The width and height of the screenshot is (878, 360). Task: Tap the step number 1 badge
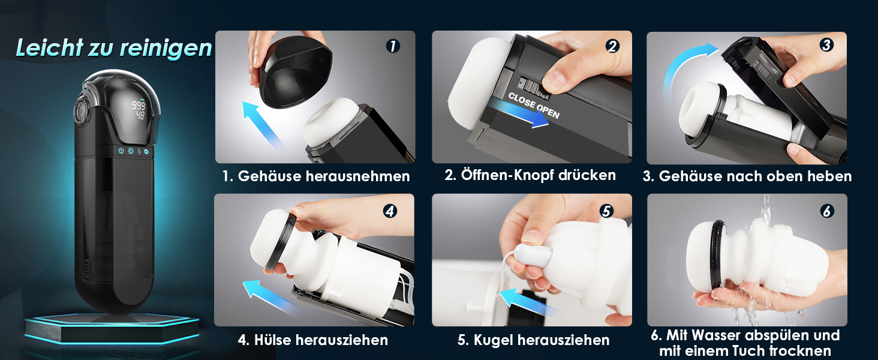(x=392, y=46)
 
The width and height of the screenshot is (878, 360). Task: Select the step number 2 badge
(x=612, y=46)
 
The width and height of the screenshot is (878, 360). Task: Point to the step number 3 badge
(x=826, y=45)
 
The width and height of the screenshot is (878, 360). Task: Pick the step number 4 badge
(x=390, y=211)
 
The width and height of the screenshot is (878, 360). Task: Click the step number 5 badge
(x=606, y=211)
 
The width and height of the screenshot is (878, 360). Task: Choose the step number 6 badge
(x=827, y=211)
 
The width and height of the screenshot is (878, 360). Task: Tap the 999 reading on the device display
(x=138, y=105)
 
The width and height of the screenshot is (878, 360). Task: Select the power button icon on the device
(x=121, y=151)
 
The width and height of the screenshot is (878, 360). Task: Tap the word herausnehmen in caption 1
(x=357, y=176)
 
